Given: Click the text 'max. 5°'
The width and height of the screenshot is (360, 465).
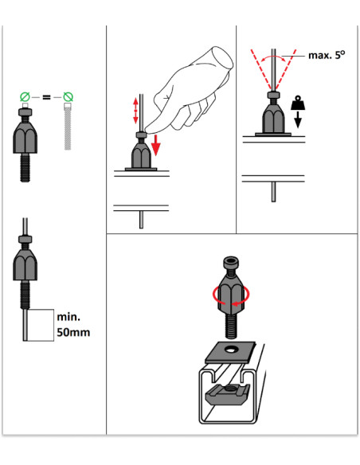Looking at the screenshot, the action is (x=327, y=55).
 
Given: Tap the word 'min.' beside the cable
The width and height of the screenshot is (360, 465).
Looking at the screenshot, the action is (x=68, y=317).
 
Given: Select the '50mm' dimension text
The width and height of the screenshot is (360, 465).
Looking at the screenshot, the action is (x=73, y=332).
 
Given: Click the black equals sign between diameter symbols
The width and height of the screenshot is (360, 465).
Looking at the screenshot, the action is (x=46, y=96).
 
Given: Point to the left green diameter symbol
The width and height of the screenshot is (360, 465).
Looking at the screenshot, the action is (x=25, y=96).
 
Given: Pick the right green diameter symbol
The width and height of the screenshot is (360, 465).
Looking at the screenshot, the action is (x=68, y=96).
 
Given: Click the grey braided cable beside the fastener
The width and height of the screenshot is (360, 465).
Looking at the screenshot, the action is (x=68, y=127).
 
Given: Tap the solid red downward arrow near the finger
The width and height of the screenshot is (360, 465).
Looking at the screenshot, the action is (x=155, y=145).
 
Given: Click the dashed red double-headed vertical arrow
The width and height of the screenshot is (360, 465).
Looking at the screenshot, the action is (x=135, y=111).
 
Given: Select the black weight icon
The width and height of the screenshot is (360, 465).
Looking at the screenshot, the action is (x=298, y=103).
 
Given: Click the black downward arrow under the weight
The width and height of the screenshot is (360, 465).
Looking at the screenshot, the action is (x=298, y=119).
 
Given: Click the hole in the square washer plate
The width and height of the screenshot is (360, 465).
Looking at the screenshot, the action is (x=230, y=350).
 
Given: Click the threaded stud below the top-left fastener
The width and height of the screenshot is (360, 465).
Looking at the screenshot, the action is (x=25, y=167).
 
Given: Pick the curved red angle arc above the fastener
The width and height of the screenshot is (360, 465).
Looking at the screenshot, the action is (x=273, y=57).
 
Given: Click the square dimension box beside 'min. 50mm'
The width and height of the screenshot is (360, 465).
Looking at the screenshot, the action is (x=41, y=326).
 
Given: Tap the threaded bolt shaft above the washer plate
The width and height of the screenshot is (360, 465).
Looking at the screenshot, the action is (x=231, y=326).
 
